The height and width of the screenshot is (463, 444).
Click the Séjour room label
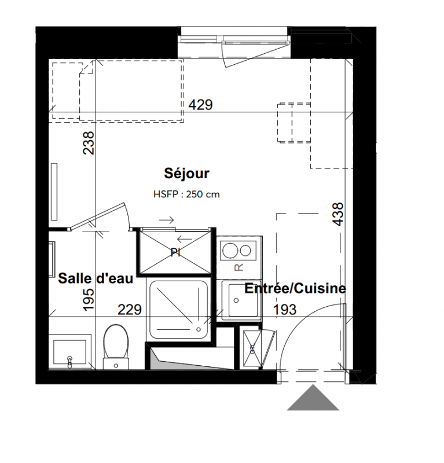coord(187,174)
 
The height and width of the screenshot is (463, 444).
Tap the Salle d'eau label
coord(96,278)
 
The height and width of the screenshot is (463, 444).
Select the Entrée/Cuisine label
coord(295,288)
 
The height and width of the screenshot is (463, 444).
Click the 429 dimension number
coord(201,105)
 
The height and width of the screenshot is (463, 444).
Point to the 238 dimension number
coord(89,143)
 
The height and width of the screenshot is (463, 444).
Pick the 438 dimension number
coord(338,214)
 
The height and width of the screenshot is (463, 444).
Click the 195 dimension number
coord(89,299)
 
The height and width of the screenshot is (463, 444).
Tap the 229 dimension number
coord(130,310)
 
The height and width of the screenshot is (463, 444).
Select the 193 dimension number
coord(285,310)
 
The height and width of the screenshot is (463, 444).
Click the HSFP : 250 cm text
coord(187,194)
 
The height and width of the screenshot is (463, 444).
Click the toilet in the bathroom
coord(116,347)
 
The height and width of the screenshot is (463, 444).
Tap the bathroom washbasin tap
coord(69,362)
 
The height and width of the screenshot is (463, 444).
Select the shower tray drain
coord(199,329)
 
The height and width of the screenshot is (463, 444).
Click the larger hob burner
coord(230,251)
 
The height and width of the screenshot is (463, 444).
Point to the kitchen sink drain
coord(236,300)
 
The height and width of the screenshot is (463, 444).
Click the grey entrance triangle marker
coord(313,398)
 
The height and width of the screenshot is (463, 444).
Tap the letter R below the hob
coord(238,267)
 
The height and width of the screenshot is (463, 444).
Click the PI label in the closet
coord(175,253)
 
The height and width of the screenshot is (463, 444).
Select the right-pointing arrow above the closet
coord(166,220)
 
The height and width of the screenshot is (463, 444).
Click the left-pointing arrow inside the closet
coord(184,239)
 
